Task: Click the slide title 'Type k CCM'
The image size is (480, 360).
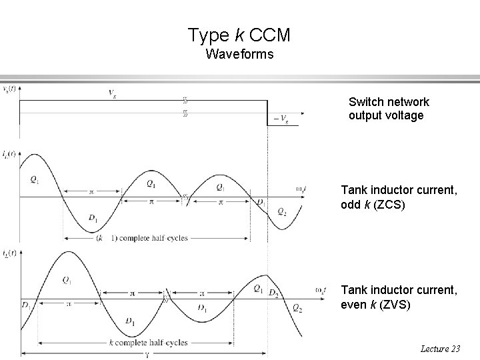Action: [x=239, y=35]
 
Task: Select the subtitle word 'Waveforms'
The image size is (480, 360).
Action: [x=239, y=54]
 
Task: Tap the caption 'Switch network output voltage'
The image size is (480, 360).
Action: [x=389, y=109]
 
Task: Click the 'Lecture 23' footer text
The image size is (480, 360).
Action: [x=441, y=349]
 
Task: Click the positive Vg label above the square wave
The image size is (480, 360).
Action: [x=114, y=93]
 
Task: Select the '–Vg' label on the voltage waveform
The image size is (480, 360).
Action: [x=281, y=121]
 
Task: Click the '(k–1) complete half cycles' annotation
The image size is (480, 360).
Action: [x=141, y=237]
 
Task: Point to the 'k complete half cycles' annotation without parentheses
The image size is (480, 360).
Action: [x=147, y=342]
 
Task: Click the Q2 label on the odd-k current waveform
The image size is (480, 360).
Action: [x=281, y=212]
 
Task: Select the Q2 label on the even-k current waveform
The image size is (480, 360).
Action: [x=297, y=308]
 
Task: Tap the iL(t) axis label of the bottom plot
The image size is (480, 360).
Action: [x=9, y=253]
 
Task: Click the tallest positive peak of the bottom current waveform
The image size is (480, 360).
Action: [x=67, y=252]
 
